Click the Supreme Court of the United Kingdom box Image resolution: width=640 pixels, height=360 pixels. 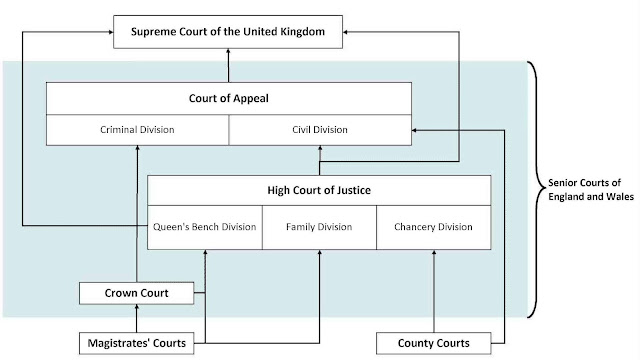229,34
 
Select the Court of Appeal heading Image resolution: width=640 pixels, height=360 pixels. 229,99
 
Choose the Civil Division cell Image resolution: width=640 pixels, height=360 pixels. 320,129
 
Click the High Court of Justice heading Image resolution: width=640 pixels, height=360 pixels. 319,191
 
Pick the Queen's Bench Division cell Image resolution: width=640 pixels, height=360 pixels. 205,226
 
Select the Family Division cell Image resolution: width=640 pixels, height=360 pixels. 319,226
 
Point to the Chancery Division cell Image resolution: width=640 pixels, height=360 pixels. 433,226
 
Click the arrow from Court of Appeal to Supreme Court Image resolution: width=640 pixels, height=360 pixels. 229,66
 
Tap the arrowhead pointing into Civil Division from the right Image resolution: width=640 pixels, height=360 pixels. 416,130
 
